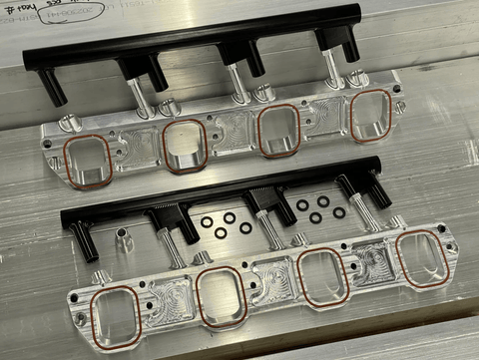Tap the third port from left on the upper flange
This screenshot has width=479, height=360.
click(279, 129)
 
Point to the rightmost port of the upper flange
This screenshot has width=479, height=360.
click(370, 115)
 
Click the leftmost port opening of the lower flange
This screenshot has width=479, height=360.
click(116, 316)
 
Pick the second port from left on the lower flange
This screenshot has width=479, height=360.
click(222, 296)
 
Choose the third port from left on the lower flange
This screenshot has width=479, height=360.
click(322, 276)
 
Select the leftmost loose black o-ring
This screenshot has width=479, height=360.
click(207, 223)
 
